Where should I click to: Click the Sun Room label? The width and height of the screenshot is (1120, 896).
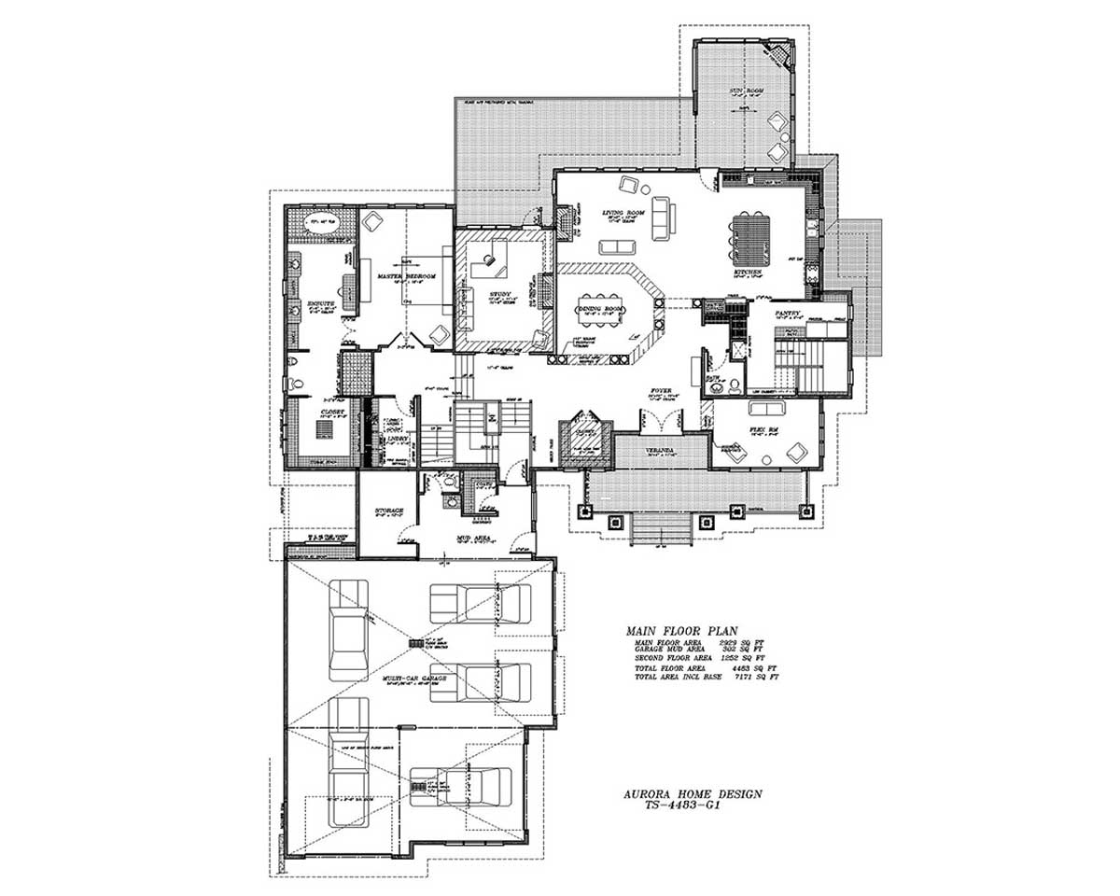pos(746,91)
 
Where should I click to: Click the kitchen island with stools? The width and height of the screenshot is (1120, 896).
pos(749,238)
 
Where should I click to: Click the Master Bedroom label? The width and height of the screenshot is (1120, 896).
pos(407,277)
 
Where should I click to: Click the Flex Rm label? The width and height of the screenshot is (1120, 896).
pos(763,430)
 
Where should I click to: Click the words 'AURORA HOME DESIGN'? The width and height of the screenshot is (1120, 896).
pos(692,793)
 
